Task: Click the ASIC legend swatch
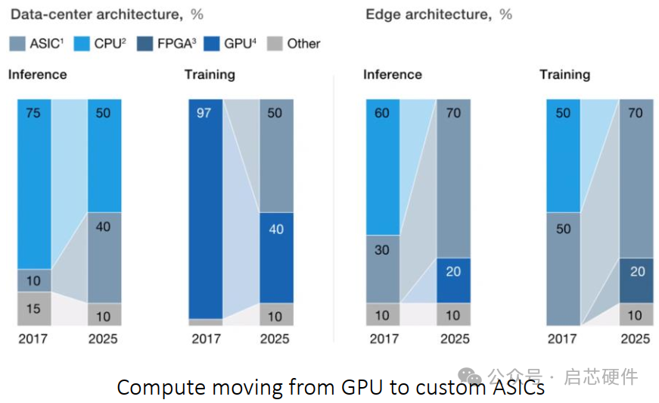(x=17, y=44)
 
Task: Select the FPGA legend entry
(x=166, y=44)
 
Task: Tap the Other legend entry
(x=295, y=44)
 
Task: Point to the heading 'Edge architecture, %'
(x=439, y=14)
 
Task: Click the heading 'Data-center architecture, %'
(x=105, y=14)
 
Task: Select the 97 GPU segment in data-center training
(x=206, y=208)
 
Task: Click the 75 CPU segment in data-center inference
(x=34, y=184)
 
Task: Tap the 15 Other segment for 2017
(x=34, y=308)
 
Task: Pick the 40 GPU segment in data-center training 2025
(x=276, y=258)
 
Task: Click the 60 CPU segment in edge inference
(x=384, y=167)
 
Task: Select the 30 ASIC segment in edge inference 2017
(x=384, y=269)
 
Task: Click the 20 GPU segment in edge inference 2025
(x=452, y=280)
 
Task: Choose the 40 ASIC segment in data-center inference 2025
(x=104, y=258)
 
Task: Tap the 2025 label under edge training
(x=635, y=339)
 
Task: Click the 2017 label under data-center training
(x=206, y=339)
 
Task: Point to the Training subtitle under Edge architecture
(x=564, y=74)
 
